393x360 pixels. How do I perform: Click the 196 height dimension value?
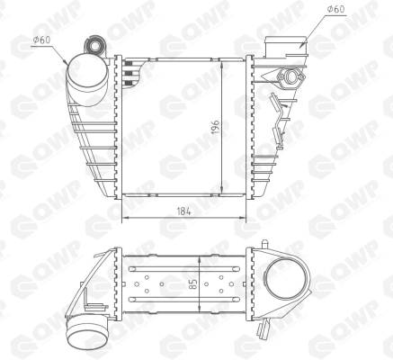(216, 127)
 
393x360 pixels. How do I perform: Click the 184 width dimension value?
(183, 211)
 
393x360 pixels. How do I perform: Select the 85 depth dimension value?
(194, 284)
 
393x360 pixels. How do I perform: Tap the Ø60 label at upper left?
(41, 40)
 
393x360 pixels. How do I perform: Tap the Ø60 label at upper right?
(335, 9)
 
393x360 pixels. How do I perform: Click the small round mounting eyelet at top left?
(95, 46)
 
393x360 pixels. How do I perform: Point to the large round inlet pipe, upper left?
(87, 73)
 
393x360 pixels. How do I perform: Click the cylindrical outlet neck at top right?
(286, 47)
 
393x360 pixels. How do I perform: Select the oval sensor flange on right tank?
(290, 77)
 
